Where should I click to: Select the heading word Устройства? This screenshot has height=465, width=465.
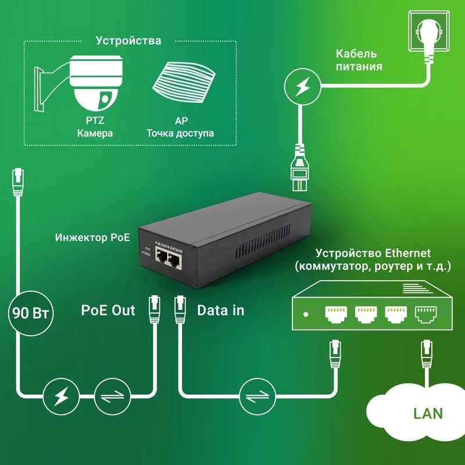coord(128,41)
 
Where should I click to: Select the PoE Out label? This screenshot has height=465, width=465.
coord(108,310)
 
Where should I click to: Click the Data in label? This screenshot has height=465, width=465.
coord(221,310)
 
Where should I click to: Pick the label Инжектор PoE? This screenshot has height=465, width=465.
coord(92,238)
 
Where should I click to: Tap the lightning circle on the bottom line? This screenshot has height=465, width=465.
coord(60,398)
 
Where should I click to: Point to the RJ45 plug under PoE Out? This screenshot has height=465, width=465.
coord(154,308)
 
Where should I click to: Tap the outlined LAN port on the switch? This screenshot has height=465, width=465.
coord(427,313)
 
